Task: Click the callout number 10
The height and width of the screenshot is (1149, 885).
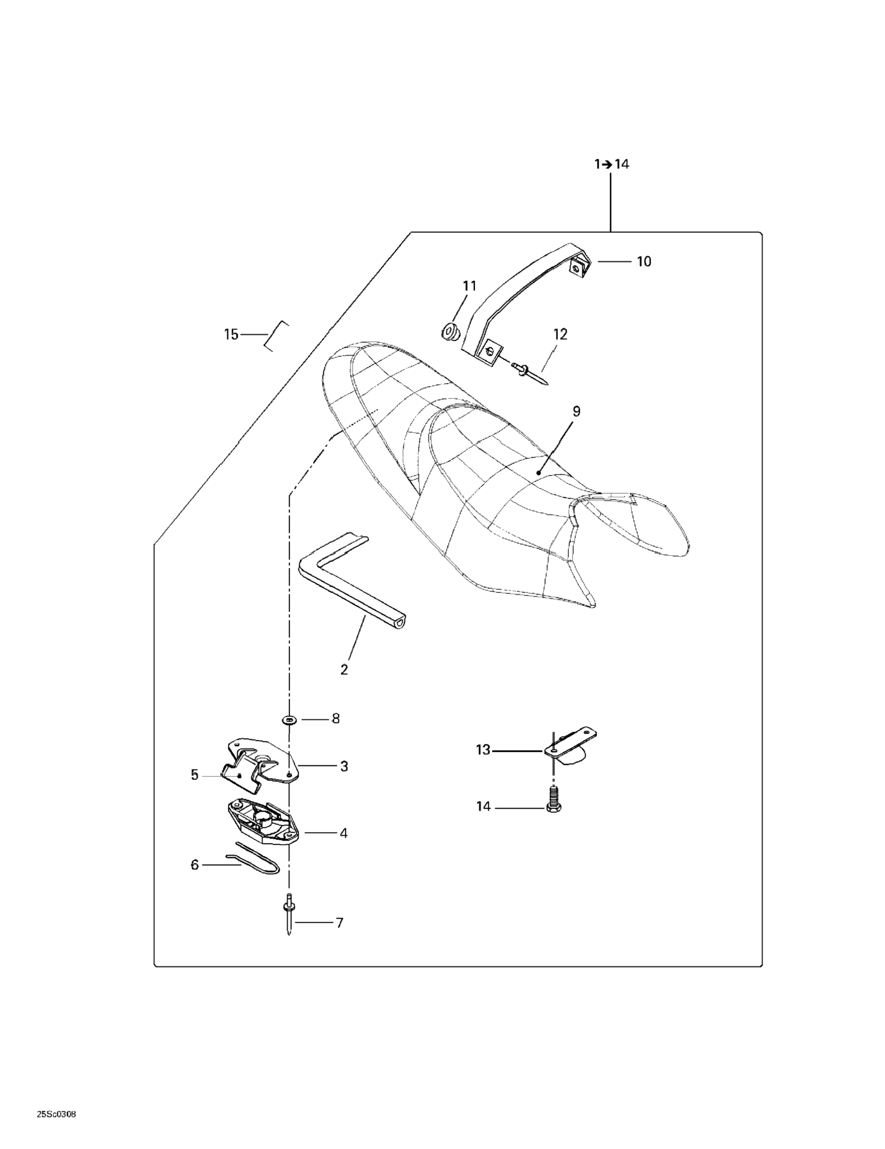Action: click(x=643, y=262)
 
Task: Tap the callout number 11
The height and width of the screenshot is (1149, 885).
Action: click(x=469, y=286)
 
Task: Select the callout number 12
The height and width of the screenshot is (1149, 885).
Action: click(x=560, y=334)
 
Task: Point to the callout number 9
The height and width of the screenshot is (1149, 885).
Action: click(x=576, y=411)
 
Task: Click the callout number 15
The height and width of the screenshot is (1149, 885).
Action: click(x=231, y=335)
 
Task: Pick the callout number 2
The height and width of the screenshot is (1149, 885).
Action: click(x=344, y=670)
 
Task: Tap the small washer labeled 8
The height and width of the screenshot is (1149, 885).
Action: click(x=289, y=719)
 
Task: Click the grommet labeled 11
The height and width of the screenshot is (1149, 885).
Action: click(x=450, y=332)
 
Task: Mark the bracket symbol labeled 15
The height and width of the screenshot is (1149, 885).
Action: click(x=276, y=336)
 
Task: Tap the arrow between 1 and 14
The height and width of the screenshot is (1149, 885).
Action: click(x=606, y=165)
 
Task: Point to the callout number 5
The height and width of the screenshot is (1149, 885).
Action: click(x=195, y=775)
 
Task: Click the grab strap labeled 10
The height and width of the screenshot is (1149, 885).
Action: click(x=527, y=295)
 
